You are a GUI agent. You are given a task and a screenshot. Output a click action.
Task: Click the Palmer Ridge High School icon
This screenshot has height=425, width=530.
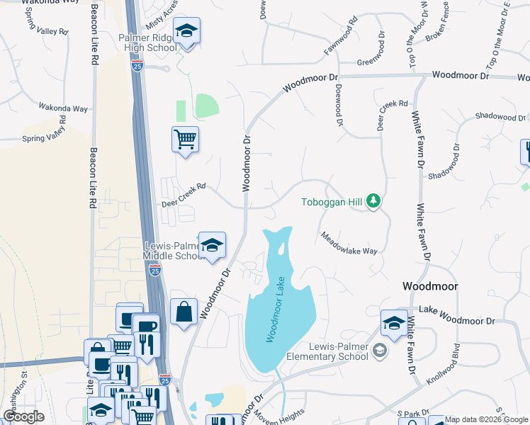(186, 31)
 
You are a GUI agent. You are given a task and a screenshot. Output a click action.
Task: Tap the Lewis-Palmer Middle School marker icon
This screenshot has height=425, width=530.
(212, 246)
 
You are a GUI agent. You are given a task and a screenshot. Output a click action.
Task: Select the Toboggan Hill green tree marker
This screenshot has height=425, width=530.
(374, 203)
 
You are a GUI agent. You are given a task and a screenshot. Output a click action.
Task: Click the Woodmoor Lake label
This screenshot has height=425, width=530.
(276, 310)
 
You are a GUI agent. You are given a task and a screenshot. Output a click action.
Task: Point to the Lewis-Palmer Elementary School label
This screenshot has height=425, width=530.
(339, 352)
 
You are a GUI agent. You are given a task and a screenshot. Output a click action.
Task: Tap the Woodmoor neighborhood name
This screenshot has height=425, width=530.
(429, 286)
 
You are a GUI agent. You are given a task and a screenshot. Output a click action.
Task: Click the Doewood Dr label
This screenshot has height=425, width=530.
(339, 103)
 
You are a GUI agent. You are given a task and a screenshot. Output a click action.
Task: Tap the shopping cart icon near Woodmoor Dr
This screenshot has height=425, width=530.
(185, 140)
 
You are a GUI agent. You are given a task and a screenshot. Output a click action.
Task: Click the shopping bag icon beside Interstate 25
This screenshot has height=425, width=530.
(184, 312)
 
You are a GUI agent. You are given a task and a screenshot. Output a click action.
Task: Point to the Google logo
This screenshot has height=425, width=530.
(23, 416)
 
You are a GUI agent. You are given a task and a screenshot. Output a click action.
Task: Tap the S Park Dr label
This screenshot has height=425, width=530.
(409, 413)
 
